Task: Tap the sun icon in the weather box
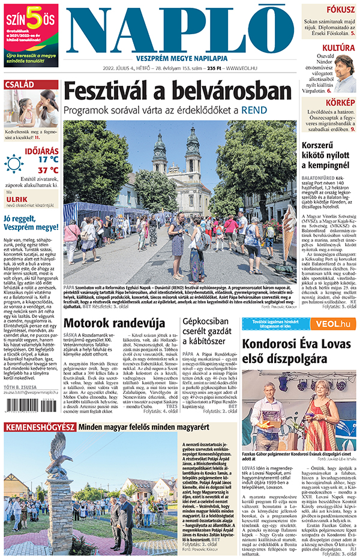[x=14, y=163]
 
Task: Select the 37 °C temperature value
[x=48, y=170]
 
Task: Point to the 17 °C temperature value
[x=48, y=160]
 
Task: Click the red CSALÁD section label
[x=19, y=85]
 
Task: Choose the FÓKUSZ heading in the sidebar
[x=340, y=9]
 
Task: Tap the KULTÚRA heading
[x=339, y=47]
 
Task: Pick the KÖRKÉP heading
[x=340, y=103]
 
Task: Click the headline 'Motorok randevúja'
[x=114, y=323]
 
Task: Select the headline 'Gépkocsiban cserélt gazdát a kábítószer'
[x=208, y=331]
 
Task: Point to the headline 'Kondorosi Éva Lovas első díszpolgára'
[x=298, y=351]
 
